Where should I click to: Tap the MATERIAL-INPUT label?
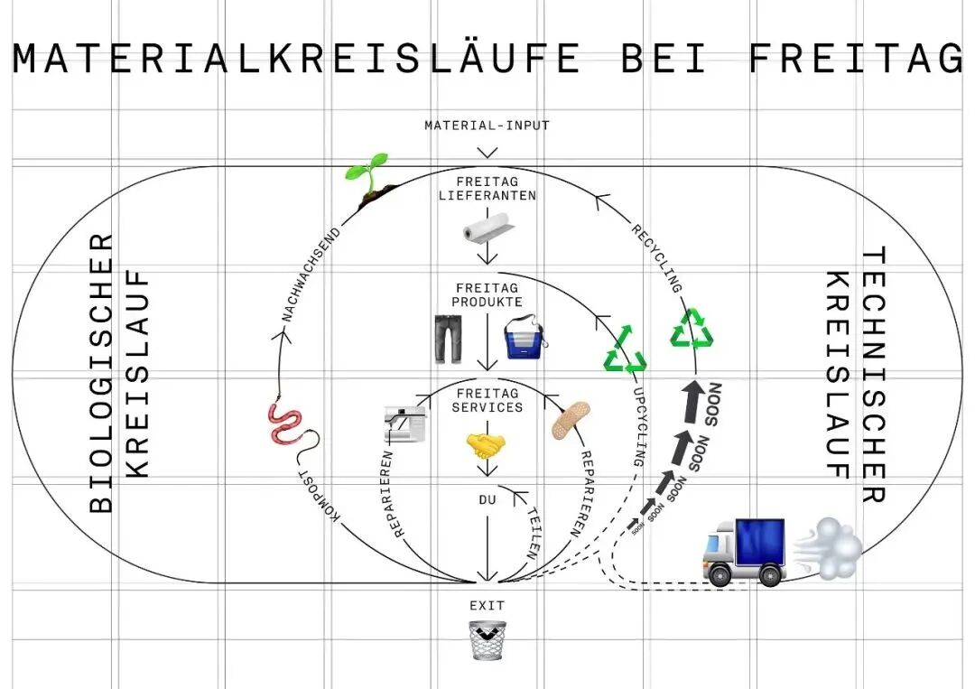(487, 126)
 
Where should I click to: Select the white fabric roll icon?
(488, 230)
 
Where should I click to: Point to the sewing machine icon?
(405, 423)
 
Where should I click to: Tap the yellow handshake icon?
(487, 443)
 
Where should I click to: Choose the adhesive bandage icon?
(571, 421)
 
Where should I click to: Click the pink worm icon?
(287, 424)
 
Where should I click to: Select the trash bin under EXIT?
(487, 640)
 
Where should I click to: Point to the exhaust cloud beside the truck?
(829, 547)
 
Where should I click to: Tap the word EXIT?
(487, 606)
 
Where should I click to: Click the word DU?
(487, 498)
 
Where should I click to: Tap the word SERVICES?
(487, 407)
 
